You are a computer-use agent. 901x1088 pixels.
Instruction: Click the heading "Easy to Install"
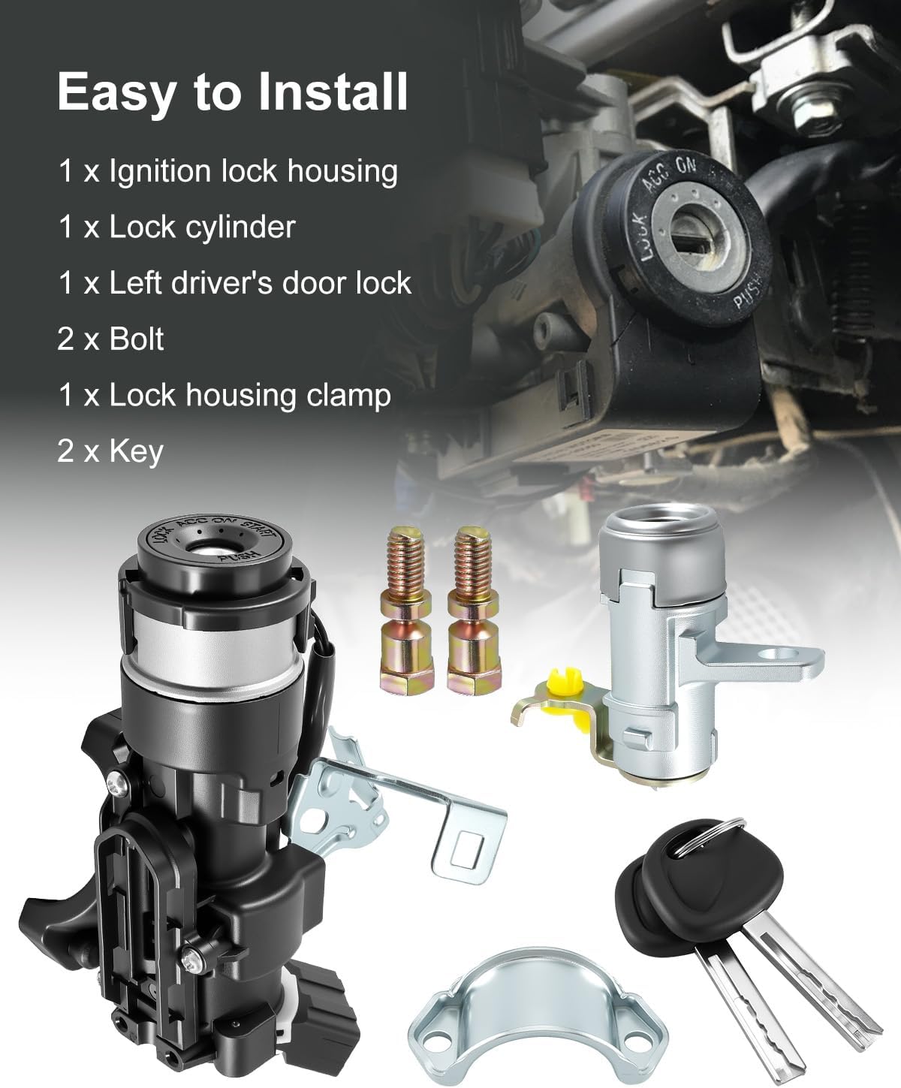click(x=233, y=92)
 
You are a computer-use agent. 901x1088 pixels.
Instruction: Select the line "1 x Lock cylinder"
click(x=177, y=227)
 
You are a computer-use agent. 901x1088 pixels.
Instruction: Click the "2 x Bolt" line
click(x=110, y=339)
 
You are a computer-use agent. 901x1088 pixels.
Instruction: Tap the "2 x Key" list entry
click(x=110, y=451)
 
